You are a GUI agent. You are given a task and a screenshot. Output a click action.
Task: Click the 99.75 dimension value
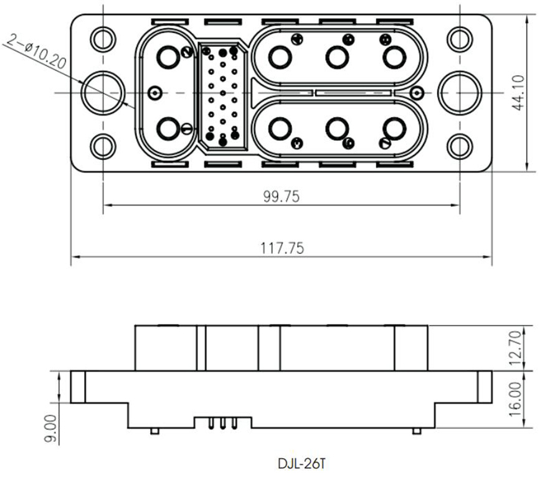[281, 197]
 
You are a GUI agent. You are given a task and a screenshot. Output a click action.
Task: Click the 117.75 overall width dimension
[282, 248]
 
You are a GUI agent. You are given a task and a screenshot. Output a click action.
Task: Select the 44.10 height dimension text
[519, 93]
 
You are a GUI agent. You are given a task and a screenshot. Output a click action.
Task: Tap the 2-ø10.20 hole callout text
[36, 54]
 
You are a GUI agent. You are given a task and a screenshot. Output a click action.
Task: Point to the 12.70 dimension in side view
[516, 349]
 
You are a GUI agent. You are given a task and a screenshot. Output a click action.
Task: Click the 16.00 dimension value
[516, 400]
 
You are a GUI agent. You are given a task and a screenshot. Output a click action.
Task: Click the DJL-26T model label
[301, 464]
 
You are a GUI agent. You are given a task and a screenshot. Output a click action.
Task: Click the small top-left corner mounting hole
[103, 39]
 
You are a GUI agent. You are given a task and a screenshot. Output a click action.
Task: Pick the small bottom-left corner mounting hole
[103, 147]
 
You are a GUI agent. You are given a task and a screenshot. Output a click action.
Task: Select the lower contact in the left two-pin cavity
[168, 129]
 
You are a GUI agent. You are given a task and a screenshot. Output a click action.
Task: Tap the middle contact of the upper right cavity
[337, 58]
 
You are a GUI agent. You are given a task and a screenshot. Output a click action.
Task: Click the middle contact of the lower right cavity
[337, 129]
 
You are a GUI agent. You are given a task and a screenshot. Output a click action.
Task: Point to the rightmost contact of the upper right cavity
[394, 58]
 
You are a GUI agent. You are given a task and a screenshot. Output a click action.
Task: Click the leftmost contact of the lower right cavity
[280, 129]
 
